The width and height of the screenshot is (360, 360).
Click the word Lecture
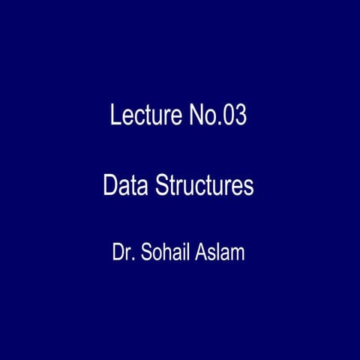click(x=143, y=116)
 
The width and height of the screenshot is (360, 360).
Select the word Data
click(x=125, y=185)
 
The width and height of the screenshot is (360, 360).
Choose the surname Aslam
click(x=220, y=252)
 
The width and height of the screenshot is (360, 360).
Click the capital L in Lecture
click(x=115, y=116)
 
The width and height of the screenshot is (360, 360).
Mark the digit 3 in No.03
click(x=240, y=116)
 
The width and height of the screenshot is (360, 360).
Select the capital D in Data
click(x=110, y=185)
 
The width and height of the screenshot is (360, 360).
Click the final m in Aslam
click(x=238, y=254)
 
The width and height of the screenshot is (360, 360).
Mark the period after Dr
click(x=132, y=259)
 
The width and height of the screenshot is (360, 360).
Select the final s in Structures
click(x=249, y=187)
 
